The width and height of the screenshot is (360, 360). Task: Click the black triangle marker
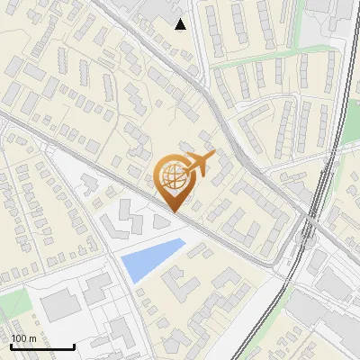point(181,24)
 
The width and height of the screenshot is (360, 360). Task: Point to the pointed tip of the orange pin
point(173,211)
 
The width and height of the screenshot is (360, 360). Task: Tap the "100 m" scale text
point(23,338)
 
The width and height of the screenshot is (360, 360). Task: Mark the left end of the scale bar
point(10,346)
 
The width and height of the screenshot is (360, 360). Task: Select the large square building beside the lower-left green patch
point(58,306)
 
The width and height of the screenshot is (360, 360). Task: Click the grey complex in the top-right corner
point(333,18)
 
